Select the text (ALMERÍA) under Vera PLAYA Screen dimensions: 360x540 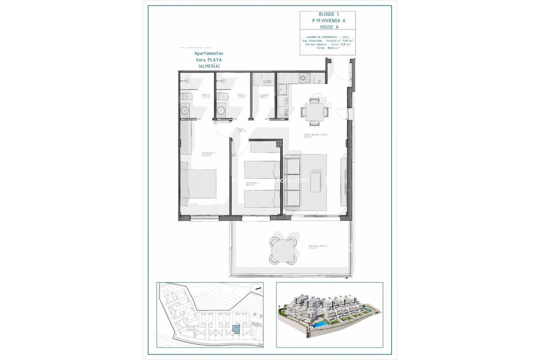209,66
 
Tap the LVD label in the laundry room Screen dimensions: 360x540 267,81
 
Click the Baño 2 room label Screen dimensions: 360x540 205,95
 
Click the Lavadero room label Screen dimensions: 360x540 264,95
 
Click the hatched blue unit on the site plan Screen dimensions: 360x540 235,329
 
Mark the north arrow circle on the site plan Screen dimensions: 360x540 256,288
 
